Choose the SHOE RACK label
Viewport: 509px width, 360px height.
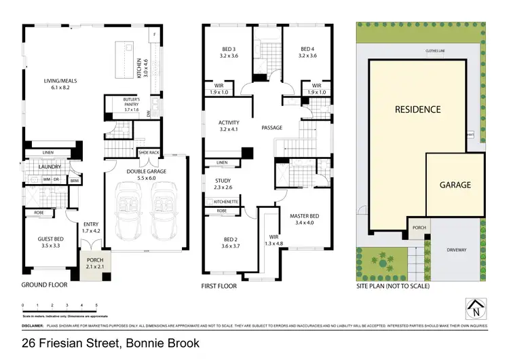[x=149, y=153]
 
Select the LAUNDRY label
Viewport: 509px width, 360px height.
[x=51, y=166]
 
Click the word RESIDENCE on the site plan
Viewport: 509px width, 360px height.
[x=418, y=109]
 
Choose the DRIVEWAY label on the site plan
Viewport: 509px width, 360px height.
[x=457, y=250]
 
